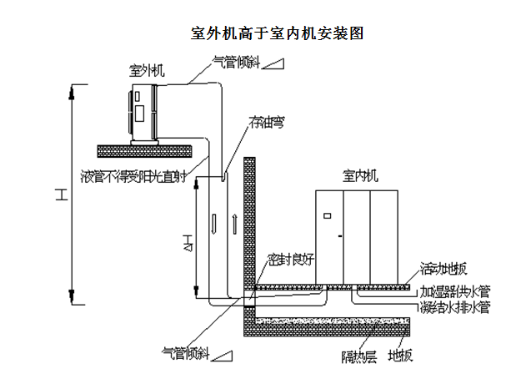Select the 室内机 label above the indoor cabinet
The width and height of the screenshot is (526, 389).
pos(360,176)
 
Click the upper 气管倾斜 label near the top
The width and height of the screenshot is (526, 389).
pos(233,61)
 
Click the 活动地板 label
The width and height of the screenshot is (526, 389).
pos(443,269)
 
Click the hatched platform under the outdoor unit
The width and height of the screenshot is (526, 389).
pos(146,150)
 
